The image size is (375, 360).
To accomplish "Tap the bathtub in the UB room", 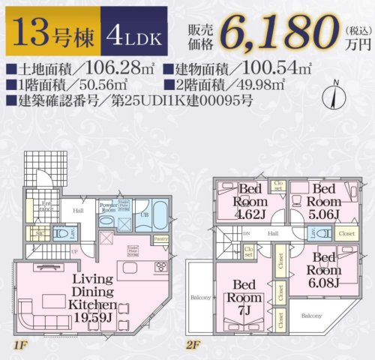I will pos(160,210).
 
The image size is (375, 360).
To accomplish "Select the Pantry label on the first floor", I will pos(160,238).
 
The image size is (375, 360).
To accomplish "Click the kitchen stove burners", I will pos(160,268).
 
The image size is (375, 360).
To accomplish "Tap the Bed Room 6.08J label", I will pos(323,270).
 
